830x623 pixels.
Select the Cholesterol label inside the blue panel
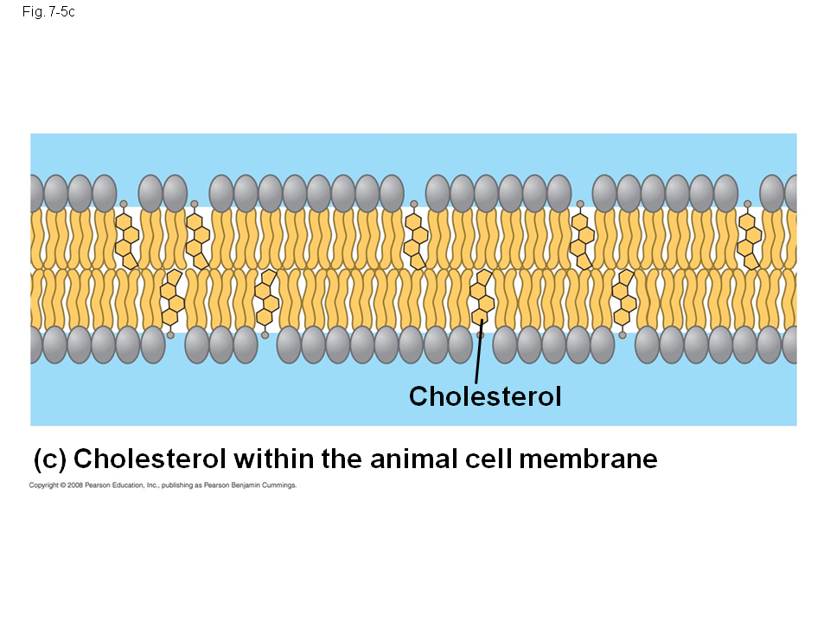click(485, 396)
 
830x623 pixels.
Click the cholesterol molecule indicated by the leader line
click(482, 299)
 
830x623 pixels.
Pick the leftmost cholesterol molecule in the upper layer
click(127, 238)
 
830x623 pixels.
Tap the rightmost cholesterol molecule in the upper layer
click(750, 238)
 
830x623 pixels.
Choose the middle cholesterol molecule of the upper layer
click(417, 238)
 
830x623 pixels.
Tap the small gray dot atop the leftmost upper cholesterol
click(124, 204)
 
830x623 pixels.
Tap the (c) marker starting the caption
click(50, 459)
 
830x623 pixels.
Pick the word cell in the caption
click(489, 459)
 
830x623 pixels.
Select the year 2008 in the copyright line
click(74, 485)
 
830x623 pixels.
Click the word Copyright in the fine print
click(43, 485)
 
